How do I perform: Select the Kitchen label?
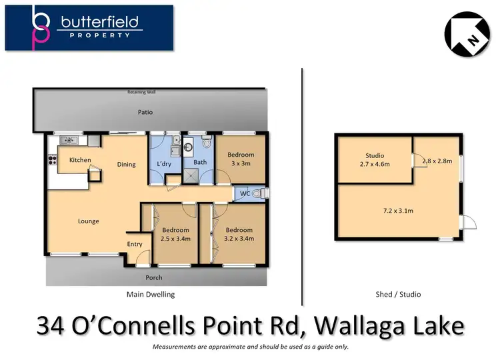point(80,160)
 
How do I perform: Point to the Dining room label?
point(126,165)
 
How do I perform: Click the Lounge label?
point(89,221)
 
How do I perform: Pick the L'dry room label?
point(164,164)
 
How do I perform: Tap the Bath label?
point(200,162)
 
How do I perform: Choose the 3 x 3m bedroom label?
point(241,159)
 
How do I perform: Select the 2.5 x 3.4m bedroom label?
point(176,234)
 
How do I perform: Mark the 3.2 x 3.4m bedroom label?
point(239,234)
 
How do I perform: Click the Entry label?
point(135,244)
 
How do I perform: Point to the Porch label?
point(154,277)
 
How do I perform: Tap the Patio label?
point(145,113)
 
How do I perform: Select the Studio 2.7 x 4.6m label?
point(375,160)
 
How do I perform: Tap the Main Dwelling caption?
point(151,294)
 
